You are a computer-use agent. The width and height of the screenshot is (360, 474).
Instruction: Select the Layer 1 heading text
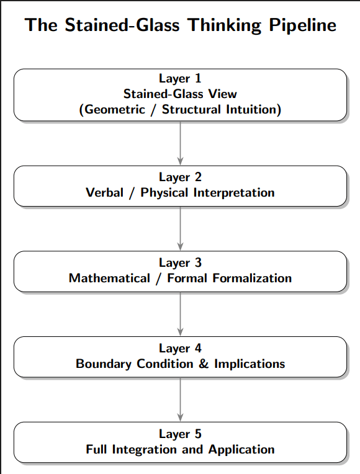pyautogui.click(x=180, y=79)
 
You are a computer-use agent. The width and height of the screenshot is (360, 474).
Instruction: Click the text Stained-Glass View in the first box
pyautogui.click(x=180, y=94)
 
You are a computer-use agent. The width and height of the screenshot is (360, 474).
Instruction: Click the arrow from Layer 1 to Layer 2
pyautogui.click(x=180, y=143)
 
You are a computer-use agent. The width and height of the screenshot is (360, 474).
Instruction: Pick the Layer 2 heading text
pyautogui.click(x=180, y=177)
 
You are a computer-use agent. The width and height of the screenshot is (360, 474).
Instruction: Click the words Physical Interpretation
pyautogui.click(x=207, y=192)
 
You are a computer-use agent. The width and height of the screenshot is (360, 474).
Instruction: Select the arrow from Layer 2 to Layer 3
pyautogui.click(x=180, y=228)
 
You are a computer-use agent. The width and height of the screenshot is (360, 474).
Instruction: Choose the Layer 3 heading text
pyautogui.click(x=180, y=262)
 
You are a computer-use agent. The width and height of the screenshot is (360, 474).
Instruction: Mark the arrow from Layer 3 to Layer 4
pyautogui.click(x=180, y=314)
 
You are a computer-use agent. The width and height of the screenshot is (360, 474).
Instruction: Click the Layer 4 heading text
pyautogui.click(x=180, y=348)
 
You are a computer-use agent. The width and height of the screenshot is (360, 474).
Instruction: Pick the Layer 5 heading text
pyautogui.click(x=180, y=434)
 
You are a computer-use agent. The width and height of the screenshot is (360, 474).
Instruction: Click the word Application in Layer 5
pyautogui.click(x=241, y=449)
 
